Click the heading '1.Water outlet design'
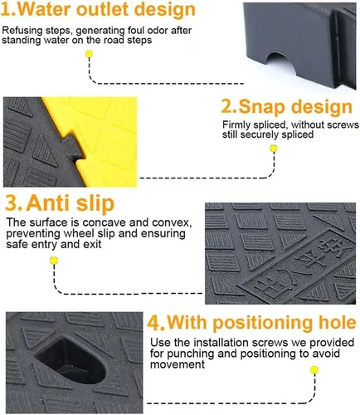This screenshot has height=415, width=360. click(x=98, y=9)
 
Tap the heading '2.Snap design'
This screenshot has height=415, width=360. click(x=287, y=107)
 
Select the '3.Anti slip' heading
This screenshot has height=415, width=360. click(x=60, y=203)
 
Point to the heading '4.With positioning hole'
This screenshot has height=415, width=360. click(x=251, y=322)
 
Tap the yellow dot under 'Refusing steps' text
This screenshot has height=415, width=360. click(x=89, y=54)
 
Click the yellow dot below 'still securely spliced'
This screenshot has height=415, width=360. click(x=274, y=149)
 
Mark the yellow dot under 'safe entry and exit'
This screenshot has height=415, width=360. click(x=54, y=261)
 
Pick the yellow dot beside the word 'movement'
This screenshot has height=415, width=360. click(x=314, y=369)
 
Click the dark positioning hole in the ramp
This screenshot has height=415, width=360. click(x=71, y=360)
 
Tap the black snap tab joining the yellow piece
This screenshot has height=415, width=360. click(x=73, y=146)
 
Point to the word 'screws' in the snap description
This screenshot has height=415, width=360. click(x=343, y=124)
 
